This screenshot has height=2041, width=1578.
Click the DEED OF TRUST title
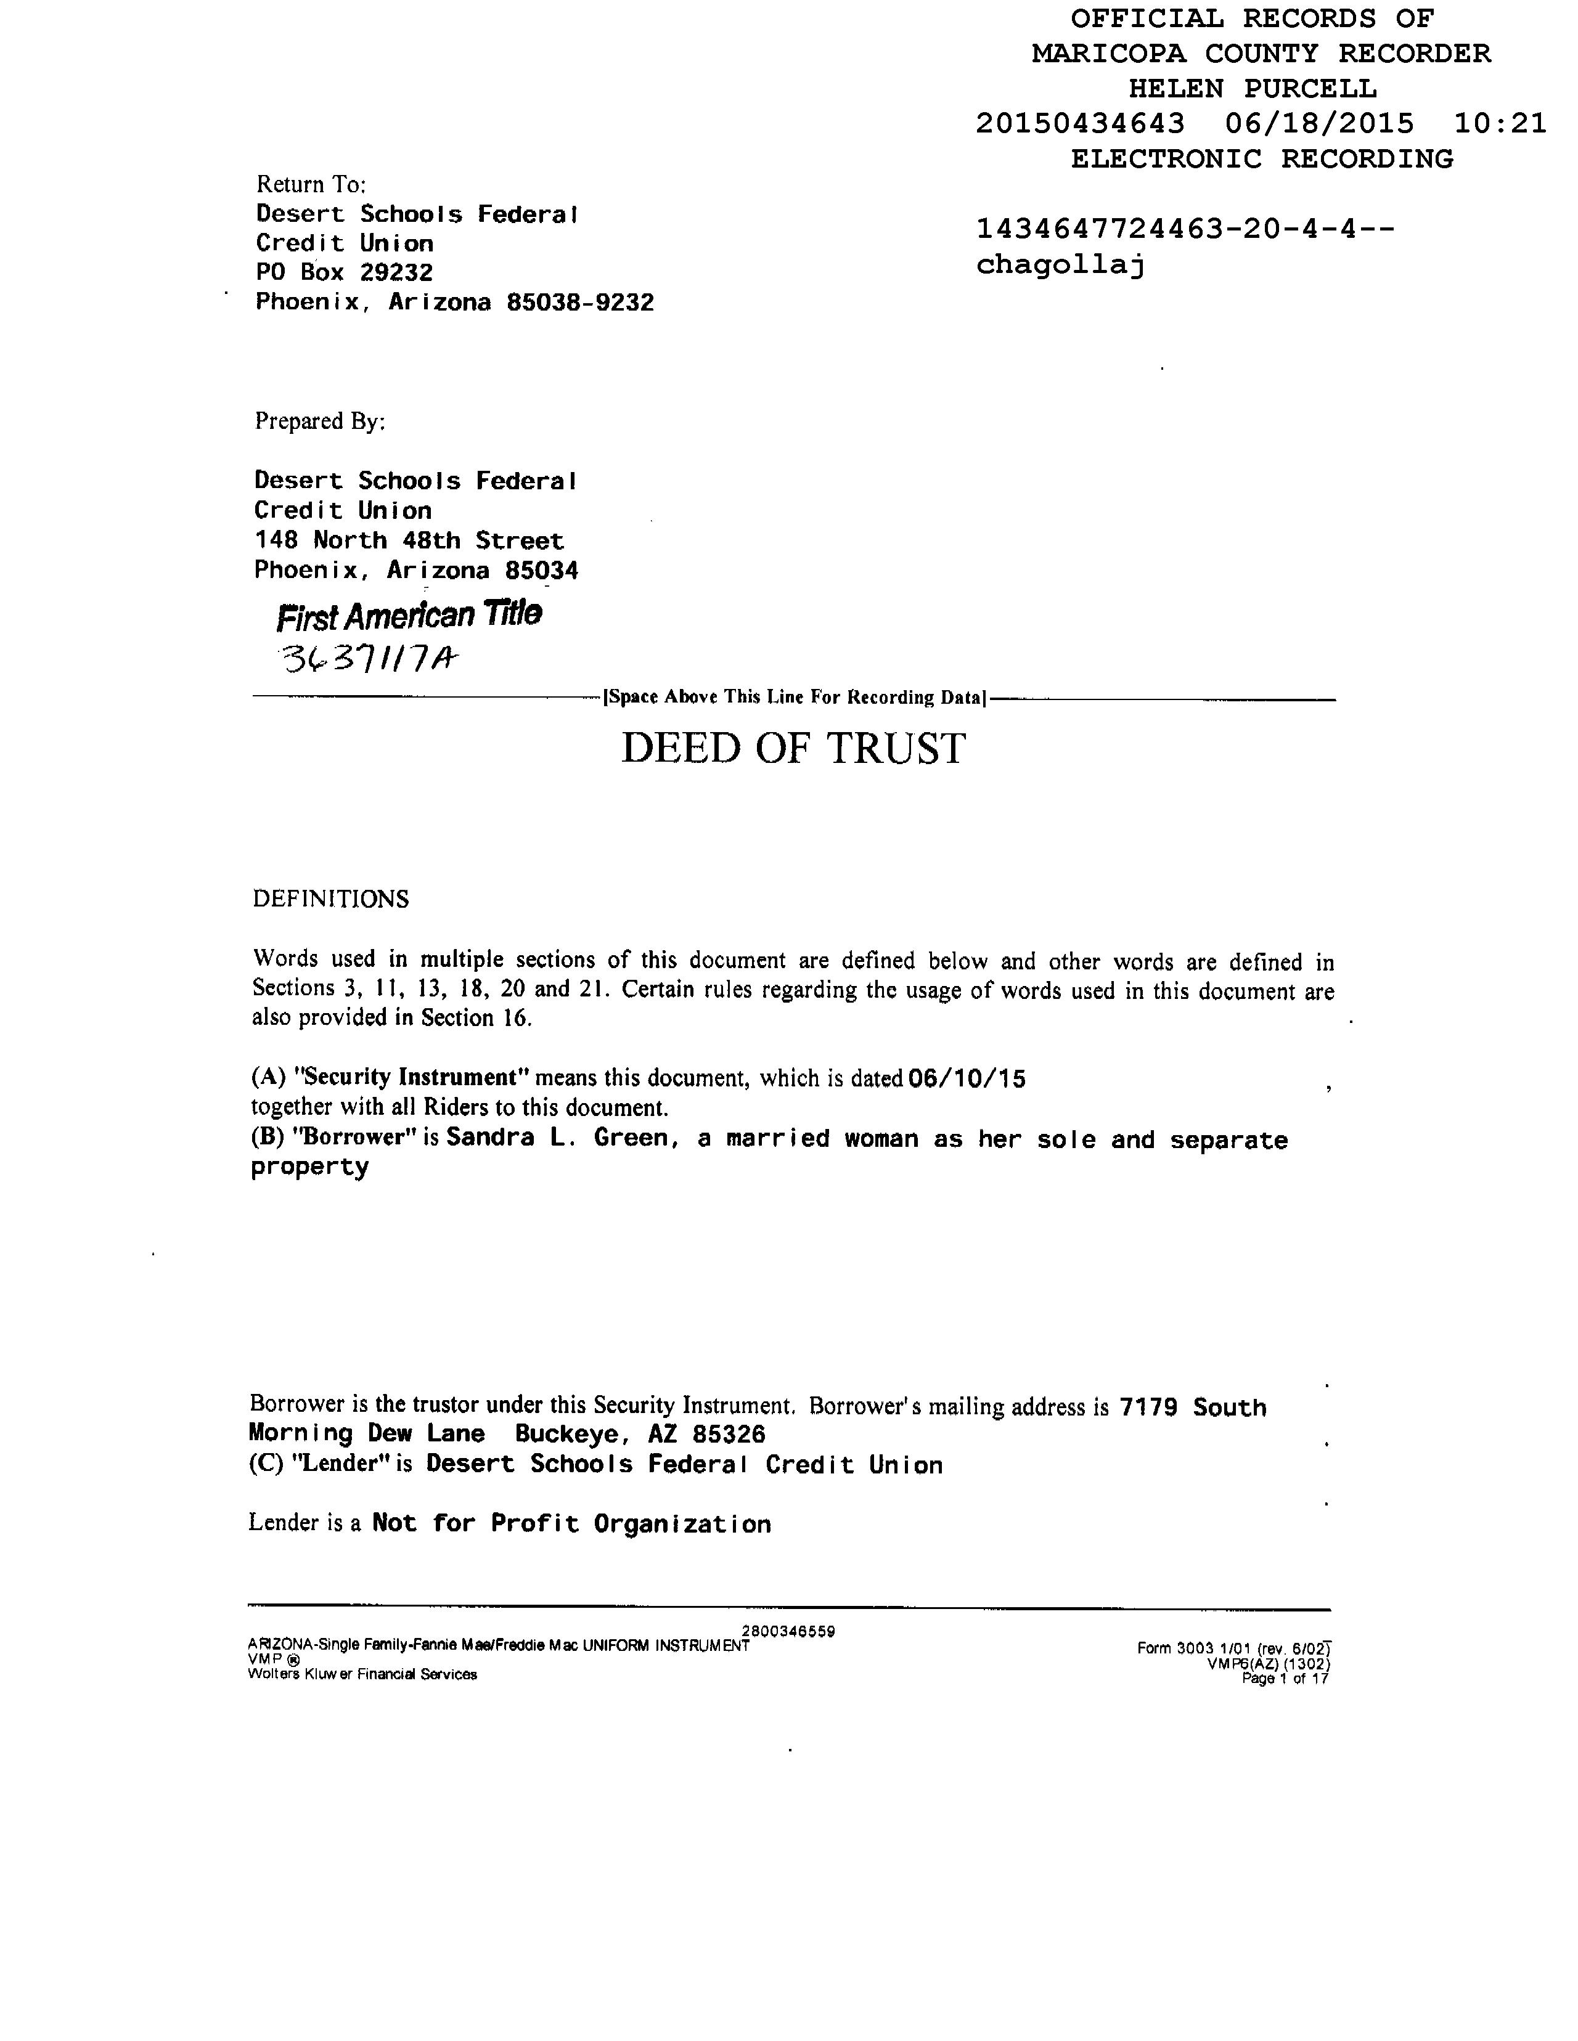click(x=793, y=749)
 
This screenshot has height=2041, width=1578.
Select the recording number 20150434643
click(x=1080, y=123)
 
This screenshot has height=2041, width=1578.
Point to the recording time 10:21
click(x=1500, y=123)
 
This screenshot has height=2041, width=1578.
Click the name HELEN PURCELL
click(x=1252, y=89)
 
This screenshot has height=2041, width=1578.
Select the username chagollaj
click(x=1060, y=266)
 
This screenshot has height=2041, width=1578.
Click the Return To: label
click(x=311, y=184)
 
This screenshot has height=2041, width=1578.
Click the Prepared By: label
click(x=320, y=422)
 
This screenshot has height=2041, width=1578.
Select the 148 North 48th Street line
click(x=409, y=540)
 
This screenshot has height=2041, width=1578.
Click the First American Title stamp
click(x=409, y=615)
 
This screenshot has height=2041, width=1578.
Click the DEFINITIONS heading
click(x=330, y=899)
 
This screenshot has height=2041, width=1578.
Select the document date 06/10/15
click(x=967, y=1080)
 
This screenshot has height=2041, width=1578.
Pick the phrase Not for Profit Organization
click(x=571, y=1524)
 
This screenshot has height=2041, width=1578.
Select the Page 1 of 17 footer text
click(x=1285, y=1679)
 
